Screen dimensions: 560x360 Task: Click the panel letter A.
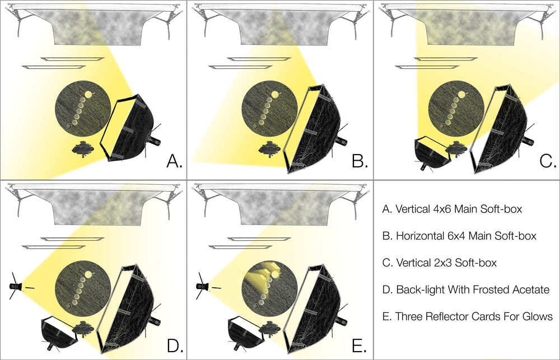tap(174, 161)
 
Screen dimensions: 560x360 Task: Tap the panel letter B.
tap(360, 161)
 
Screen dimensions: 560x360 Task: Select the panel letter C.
tap(548, 161)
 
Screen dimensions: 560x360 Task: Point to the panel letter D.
tap(175, 345)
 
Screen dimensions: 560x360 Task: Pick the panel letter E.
tap(360, 345)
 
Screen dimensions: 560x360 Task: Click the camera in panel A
tap(83, 149)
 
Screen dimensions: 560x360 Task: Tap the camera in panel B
tap(270, 149)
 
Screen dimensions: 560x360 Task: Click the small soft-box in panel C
tap(432, 152)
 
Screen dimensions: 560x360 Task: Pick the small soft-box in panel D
tap(59, 334)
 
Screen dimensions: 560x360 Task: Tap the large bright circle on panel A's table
tap(88, 95)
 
